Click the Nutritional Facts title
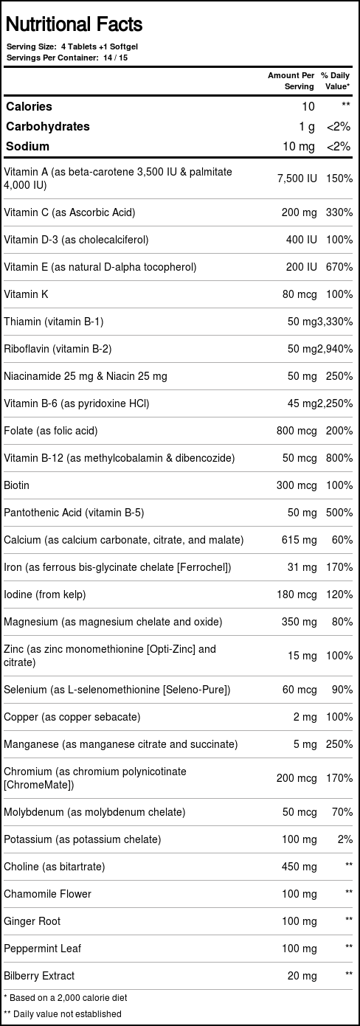[74, 25]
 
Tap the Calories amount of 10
[308, 107]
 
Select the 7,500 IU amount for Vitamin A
[297, 178]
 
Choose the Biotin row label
[17, 485]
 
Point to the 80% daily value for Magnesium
[342, 622]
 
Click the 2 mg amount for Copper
[305, 717]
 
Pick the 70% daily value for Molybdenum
[342, 812]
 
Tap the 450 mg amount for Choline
[299, 867]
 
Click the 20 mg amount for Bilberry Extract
[302, 976]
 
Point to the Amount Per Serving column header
[291, 80]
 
